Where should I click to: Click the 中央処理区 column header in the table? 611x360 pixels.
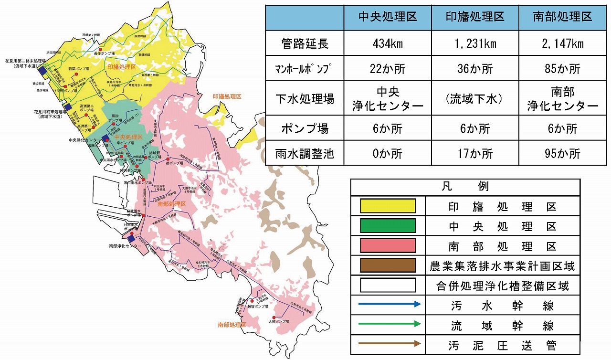click(x=388, y=17)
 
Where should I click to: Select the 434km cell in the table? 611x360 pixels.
click(x=388, y=44)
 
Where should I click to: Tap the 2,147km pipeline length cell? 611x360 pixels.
click(x=563, y=44)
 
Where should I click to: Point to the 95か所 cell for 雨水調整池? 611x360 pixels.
click(x=563, y=154)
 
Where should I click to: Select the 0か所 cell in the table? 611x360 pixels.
click(x=388, y=154)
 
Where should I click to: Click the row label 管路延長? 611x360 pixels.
click(x=305, y=44)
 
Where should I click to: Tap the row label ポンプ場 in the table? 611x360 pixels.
click(x=305, y=128)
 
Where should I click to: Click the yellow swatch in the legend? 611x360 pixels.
click(x=388, y=206)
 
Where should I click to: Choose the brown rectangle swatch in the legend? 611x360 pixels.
click(x=388, y=265)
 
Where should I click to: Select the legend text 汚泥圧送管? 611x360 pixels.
click(x=501, y=345)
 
